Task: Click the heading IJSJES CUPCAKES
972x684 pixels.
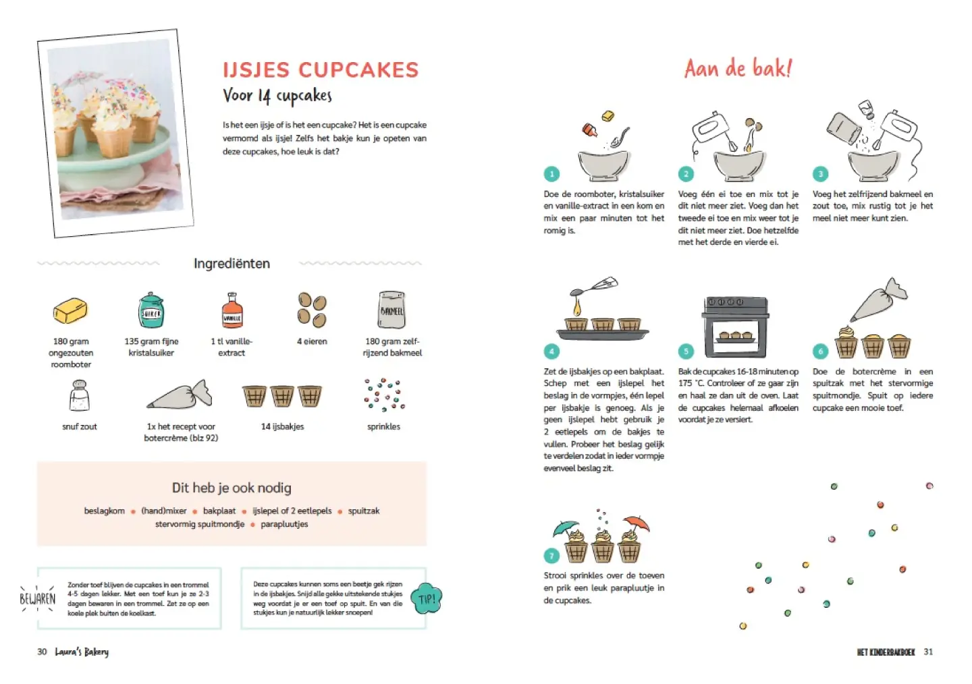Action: (x=321, y=70)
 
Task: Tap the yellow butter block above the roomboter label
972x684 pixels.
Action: (x=70, y=310)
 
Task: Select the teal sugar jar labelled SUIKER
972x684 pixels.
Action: (x=151, y=310)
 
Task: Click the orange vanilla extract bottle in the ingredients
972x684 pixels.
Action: (x=232, y=310)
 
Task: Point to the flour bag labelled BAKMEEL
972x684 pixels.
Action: (x=391, y=310)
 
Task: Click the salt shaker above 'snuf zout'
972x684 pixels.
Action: (x=80, y=395)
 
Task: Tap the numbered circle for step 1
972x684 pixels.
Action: (x=551, y=174)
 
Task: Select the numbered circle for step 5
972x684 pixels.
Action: (x=686, y=351)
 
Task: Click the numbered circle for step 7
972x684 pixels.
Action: (x=551, y=556)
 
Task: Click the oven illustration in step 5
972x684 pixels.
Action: (x=736, y=327)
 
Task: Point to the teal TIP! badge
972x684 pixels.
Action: (x=426, y=598)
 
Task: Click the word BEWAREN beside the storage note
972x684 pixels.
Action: (x=38, y=599)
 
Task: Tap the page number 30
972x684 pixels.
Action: (x=42, y=652)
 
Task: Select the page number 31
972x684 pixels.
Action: (x=928, y=652)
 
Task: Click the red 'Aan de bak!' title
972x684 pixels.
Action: (x=738, y=69)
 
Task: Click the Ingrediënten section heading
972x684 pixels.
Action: (x=232, y=263)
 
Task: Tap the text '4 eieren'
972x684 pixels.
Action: (x=312, y=341)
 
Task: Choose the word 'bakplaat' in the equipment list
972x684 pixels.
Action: (x=219, y=511)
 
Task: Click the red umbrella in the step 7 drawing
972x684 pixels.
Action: (x=635, y=524)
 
